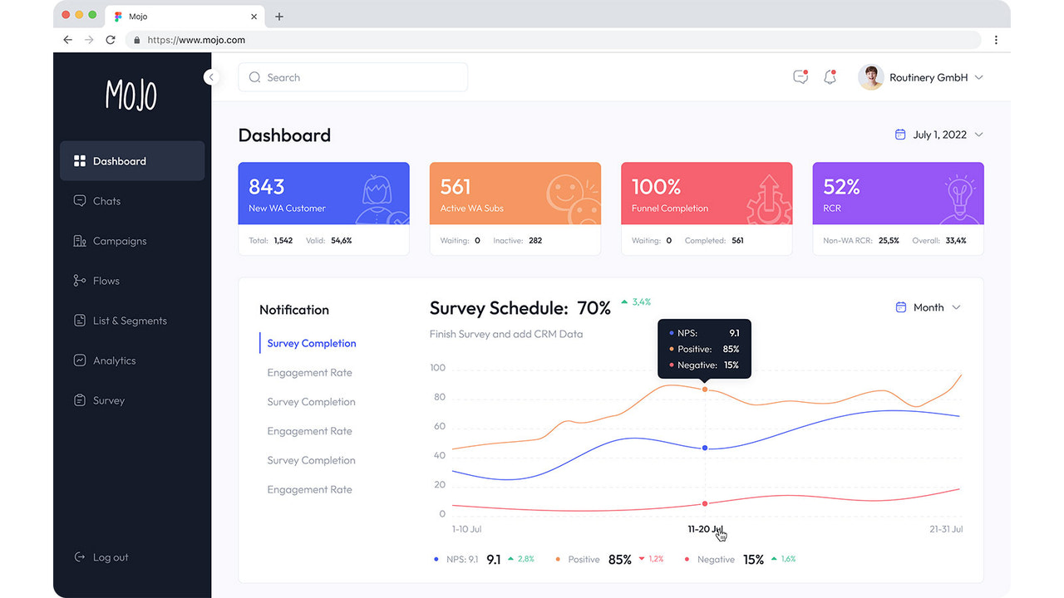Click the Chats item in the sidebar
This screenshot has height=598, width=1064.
pos(106,201)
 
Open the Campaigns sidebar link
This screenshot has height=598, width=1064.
pos(119,241)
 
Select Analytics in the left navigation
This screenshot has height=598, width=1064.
pos(114,360)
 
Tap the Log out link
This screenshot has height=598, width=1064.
pos(110,557)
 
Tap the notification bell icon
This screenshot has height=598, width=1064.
pos(830,77)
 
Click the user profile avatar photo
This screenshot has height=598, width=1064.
pos(870,77)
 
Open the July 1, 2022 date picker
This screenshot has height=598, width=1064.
pos(938,135)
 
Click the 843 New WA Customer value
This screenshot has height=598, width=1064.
pos(267,187)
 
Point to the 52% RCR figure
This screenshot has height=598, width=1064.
pos(841,187)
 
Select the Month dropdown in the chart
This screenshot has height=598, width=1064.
pos(928,307)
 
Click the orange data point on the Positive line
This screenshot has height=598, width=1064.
pos(705,389)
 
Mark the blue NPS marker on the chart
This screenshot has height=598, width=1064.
pos(705,448)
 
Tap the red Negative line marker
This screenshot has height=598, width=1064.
pos(705,503)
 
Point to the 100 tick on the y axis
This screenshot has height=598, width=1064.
pos(437,368)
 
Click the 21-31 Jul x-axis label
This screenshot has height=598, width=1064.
pos(946,529)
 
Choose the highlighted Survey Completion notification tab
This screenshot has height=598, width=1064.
pos(312,343)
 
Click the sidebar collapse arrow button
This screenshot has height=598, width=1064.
pos(211,77)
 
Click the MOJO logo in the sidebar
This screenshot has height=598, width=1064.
pos(131,96)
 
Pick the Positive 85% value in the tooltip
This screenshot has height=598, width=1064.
pos(730,349)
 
